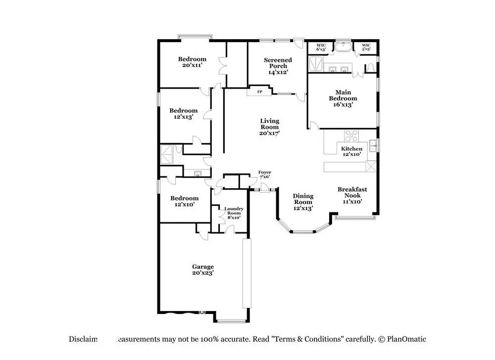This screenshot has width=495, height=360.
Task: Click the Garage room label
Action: (203, 269)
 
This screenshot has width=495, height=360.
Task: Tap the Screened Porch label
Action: (278, 66)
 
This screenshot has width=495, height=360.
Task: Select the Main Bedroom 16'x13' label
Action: (343, 98)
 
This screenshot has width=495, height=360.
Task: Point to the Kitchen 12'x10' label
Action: (351, 151)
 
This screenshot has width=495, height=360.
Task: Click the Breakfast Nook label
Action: (352, 195)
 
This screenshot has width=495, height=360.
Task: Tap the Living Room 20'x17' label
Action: (270, 127)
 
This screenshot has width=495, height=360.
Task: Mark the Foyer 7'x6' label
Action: (265, 175)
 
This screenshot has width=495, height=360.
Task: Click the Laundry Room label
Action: (234, 213)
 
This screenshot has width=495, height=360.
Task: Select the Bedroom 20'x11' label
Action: (192, 62)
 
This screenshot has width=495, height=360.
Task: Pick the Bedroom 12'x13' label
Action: (183, 114)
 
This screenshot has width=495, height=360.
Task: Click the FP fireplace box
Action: (259, 92)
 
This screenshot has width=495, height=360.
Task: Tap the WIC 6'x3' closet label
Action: (321, 47)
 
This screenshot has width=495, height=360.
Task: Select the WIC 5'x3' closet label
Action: (366, 47)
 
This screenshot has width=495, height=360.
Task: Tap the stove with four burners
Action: (351, 135)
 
